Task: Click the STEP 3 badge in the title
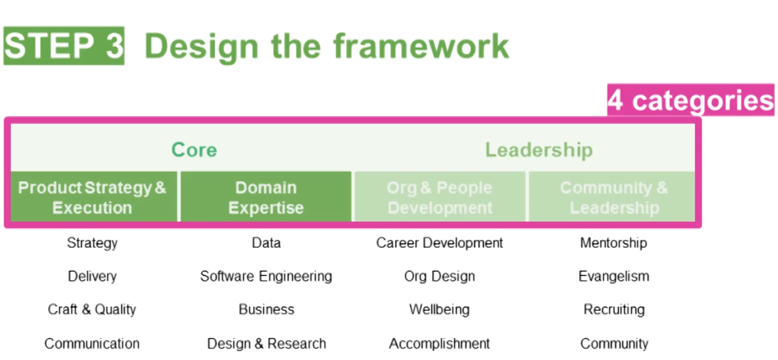tap(64, 46)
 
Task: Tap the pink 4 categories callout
tap(690, 100)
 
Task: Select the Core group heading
tap(194, 150)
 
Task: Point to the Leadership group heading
tap(539, 150)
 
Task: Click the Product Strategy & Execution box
tap(92, 197)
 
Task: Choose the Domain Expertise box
tap(266, 197)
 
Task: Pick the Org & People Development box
tap(440, 197)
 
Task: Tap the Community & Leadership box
tap(614, 197)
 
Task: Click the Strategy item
tap(92, 243)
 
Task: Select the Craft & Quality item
tap(92, 309)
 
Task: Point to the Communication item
tap(92, 344)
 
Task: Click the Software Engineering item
tap(266, 276)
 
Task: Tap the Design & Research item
tap(267, 344)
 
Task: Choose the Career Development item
tap(440, 243)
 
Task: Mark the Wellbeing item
tap(440, 309)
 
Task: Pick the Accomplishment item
tap(440, 344)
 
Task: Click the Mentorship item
tap(614, 243)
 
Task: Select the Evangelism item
tap(614, 276)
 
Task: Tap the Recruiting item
tap(614, 309)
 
